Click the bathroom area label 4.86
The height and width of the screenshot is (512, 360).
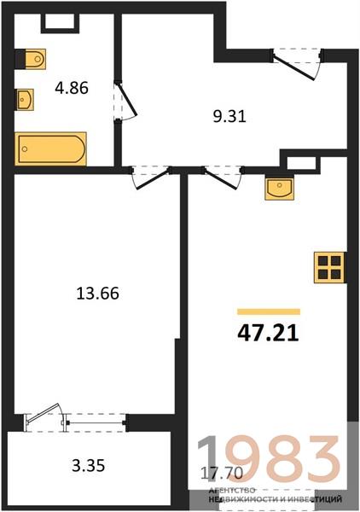point(72,88)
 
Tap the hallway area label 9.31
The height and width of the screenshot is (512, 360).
point(229,117)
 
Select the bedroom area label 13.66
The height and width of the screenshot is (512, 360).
point(97,293)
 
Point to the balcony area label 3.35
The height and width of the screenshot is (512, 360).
point(89,465)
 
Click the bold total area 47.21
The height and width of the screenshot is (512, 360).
point(268,334)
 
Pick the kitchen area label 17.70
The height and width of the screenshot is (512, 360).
point(222,473)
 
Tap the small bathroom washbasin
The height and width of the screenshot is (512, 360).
point(25,99)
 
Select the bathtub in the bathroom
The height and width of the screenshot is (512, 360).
point(50,148)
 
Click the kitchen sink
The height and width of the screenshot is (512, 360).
point(279,189)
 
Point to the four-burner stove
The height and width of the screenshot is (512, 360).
point(329,267)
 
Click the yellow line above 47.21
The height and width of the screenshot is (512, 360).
point(269,311)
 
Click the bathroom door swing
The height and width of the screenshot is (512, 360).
point(128,102)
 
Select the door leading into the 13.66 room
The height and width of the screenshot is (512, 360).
point(152,178)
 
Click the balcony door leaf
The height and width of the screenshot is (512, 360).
point(44,412)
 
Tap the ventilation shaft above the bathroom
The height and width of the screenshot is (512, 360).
point(61,23)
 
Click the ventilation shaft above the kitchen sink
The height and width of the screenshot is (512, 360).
point(301,163)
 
